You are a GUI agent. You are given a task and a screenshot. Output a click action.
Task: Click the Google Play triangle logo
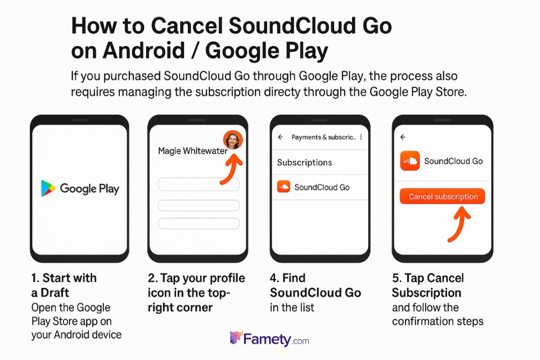point(48,188)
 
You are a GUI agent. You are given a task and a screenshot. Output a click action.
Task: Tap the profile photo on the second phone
point(232,139)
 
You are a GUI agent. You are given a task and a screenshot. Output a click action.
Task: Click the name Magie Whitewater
point(192,151)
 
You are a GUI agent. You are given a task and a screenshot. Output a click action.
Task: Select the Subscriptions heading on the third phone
point(304,163)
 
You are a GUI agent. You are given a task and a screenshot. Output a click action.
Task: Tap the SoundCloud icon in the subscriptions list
point(283,187)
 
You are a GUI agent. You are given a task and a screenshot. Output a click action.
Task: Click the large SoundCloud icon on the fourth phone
point(409,161)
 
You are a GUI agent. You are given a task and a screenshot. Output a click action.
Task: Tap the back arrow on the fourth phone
point(402,137)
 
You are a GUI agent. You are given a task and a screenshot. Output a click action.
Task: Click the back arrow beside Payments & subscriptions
point(280,137)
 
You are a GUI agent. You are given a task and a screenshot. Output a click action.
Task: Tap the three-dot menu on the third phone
point(361,137)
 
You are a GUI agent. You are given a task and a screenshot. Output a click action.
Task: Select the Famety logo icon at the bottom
point(236,339)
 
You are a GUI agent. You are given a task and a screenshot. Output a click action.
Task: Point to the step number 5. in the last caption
point(397,278)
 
